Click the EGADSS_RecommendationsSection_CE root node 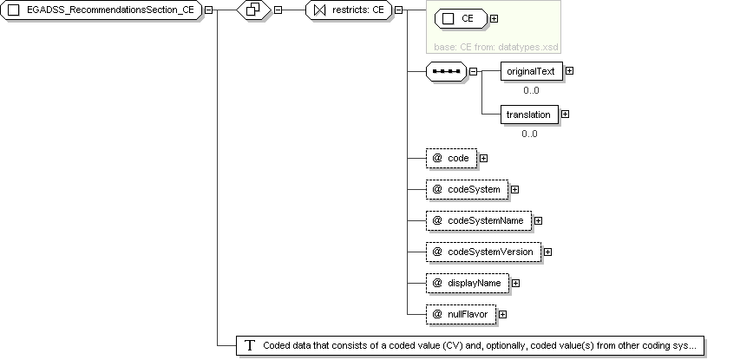pyautogui.click(x=101, y=10)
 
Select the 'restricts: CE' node pyautogui.click(x=349, y=10)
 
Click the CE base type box pyautogui.click(x=461, y=19)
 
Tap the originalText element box pyautogui.click(x=532, y=71)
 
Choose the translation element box pyautogui.click(x=529, y=115)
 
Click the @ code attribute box pyautogui.click(x=452, y=158)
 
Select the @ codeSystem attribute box pyautogui.click(x=468, y=189)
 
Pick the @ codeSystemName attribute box pyautogui.click(x=479, y=220)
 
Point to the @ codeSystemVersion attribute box pyautogui.click(x=484, y=252)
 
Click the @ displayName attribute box pyautogui.click(x=468, y=283)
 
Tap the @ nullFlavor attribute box pyautogui.click(x=461, y=314)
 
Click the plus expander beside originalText pyautogui.click(x=570, y=71)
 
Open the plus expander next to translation pyautogui.click(x=565, y=115)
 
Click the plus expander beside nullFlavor pyautogui.click(x=502, y=314)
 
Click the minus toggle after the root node pyautogui.click(x=208, y=10)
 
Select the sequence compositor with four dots pyautogui.click(x=447, y=71)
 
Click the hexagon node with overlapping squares pyautogui.click(x=253, y=10)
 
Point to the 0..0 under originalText pyautogui.click(x=531, y=90)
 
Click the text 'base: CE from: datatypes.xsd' pyautogui.click(x=496, y=47)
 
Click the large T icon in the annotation pyautogui.click(x=249, y=345)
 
